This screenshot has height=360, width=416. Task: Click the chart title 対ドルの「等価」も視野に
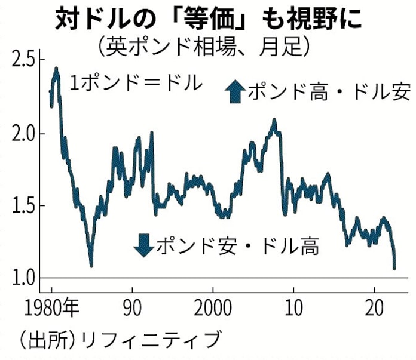pyautogui.click(x=209, y=19)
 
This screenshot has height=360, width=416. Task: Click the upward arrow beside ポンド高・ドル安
pyautogui.click(x=234, y=93)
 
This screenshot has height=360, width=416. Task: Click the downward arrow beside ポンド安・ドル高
pyautogui.click(x=143, y=244)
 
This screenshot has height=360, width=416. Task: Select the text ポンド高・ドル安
pyautogui.click(x=328, y=93)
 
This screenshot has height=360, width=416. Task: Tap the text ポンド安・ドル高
pyautogui.click(x=237, y=245)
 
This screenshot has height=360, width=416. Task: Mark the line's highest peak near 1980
pyautogui.click(x=56, y=69)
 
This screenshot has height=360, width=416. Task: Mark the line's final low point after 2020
pyautogui.click(x=394, y=268)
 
